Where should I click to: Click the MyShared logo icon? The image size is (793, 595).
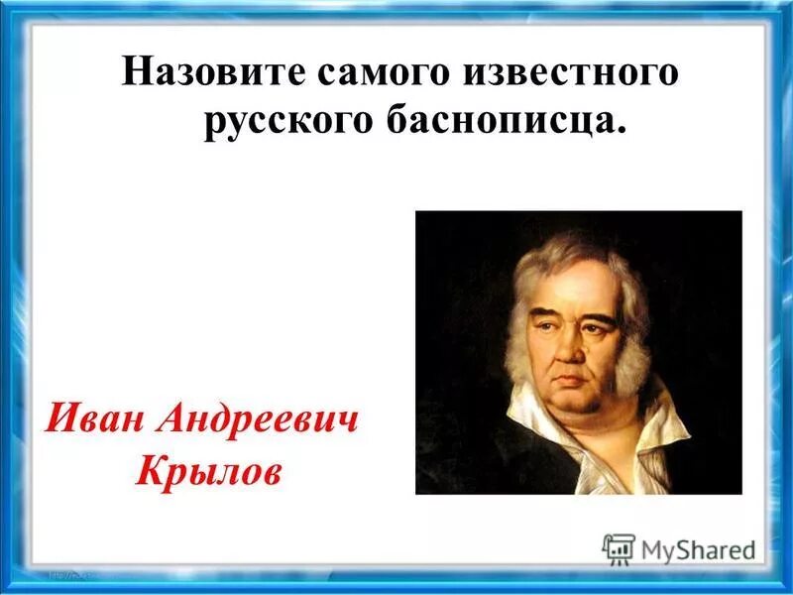click(619, 547)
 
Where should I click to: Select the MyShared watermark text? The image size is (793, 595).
click(698, 548)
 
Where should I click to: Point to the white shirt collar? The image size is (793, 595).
click(654, 426)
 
